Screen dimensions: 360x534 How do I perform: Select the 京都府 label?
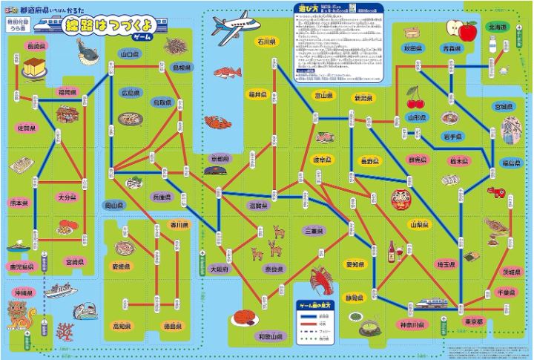pos(220,159)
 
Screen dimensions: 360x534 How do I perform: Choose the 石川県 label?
pos(266,42)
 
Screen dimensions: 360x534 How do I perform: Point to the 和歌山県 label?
pos(271,336)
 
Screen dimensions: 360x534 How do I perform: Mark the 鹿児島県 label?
pos(21,266)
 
